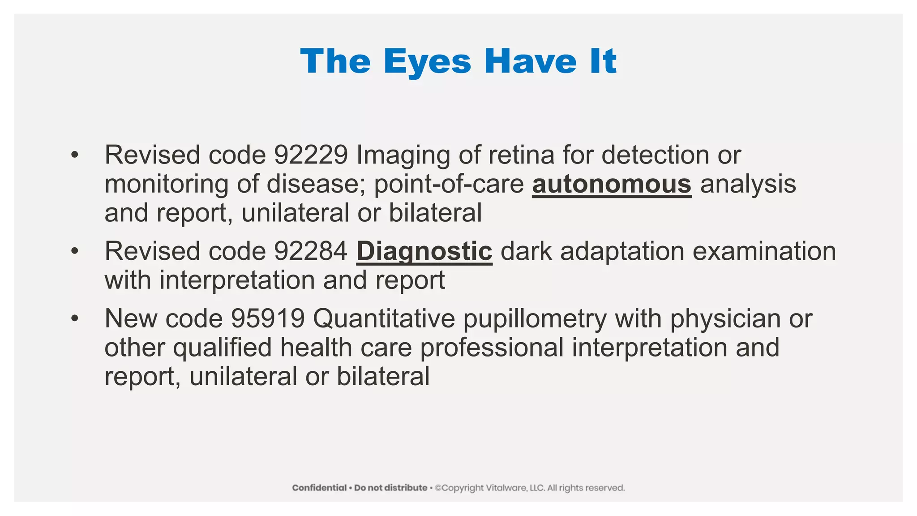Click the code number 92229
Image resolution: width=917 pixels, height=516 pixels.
(x=311, y=155)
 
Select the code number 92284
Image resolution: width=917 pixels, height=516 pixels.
(x=311, y=251)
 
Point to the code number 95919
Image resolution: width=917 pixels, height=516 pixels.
(x=267, y=319)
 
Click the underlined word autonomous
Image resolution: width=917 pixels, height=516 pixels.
(x=612, y=184)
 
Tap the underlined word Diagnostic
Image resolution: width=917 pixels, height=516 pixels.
(x=424, y=251)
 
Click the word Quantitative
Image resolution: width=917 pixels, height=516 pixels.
(x=384, y=319)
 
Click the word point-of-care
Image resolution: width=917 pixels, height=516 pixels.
(x=449, y=184)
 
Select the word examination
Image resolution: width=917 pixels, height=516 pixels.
(x=764, y=251)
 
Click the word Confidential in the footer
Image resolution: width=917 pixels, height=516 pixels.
(x=319, y=488)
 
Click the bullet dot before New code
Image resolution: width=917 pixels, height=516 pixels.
(x=74, y=319)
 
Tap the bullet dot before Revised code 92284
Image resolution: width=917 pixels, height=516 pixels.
(x=74, y=251)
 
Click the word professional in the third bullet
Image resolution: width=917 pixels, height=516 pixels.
(x=492, y=348)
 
